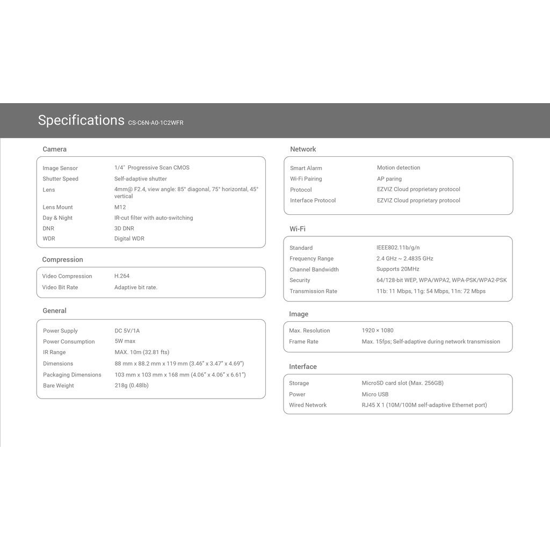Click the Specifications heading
click(x=81, y=120)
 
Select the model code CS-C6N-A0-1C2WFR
click(x=156, y=123)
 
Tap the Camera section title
click(x=54, y=149)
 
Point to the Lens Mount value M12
click(x=120, y=207)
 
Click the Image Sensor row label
click(x=60, y=168)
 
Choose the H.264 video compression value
click(x=122, y=276)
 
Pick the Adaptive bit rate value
click(x=135, y=287)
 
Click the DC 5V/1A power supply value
click(x=127, y=331)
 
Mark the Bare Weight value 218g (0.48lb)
click(x=131, y=386)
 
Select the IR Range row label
click(x=54, y=352)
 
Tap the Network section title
click(x=303, y=149)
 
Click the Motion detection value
click(x=399, y=168)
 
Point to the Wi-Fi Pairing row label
click(x=306, y=179)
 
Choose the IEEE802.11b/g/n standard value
click(x=398, y=248)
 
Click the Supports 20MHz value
click(x=398, y=269)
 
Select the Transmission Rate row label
click(x=313, y=291)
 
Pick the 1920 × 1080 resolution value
click(x=378, y=330)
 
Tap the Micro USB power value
click(x=375, y=394)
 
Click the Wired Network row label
click(x=308, y=405)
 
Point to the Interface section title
click(x=303, y=367)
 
